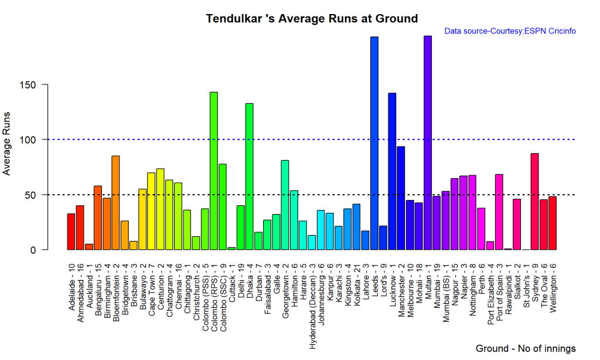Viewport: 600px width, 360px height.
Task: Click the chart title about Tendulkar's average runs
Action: (x=312, y=19)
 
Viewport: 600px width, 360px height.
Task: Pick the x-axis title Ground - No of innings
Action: (x=526, y=348)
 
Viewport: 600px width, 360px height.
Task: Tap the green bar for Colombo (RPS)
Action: (x=213, y=171)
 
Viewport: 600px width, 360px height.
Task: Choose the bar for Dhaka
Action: (x=249, y=176)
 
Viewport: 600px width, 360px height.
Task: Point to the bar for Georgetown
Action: (x=285, y=205)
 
